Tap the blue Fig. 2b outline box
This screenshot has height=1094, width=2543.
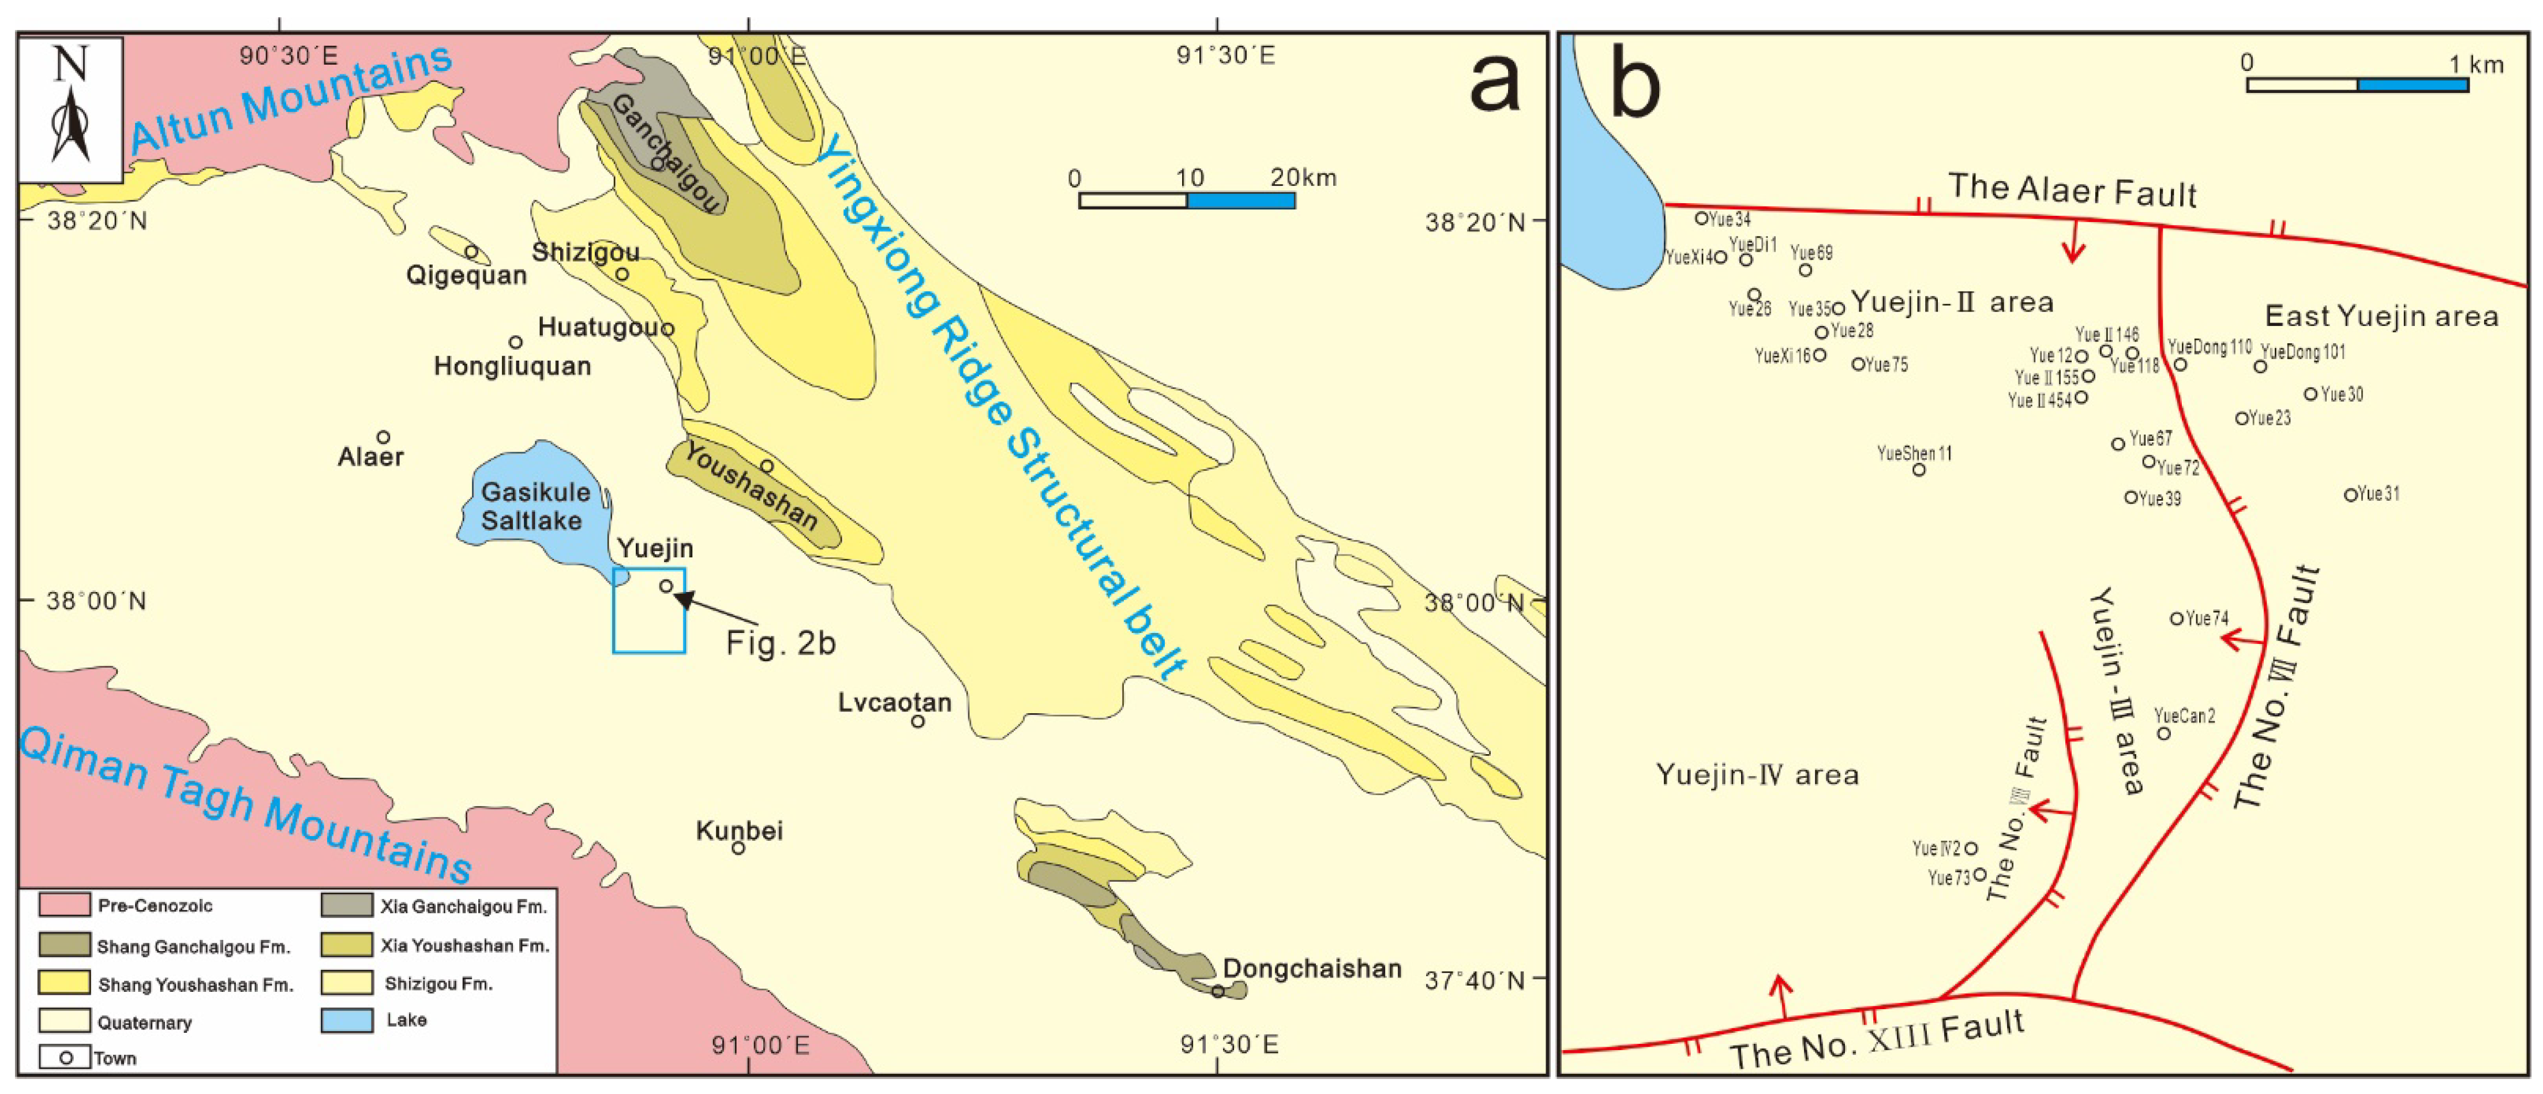tap(648, 610)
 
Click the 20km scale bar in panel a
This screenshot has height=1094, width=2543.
tap(1187, 200)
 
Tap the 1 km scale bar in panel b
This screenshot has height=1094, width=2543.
tap(2357, 85)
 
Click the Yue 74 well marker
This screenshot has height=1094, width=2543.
tap(2177, 619)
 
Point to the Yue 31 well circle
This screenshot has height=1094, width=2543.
tap(2350, 494)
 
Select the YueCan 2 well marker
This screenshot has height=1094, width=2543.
tap(2163, 733)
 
